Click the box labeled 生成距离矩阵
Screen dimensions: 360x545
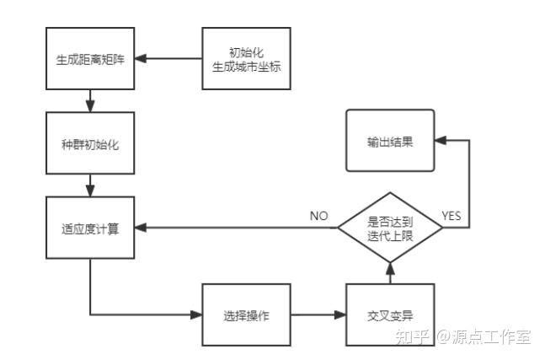90,58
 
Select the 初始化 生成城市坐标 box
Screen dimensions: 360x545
246,58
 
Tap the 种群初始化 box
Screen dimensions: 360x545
90,142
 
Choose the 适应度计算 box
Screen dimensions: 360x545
90,228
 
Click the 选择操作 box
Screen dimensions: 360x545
246,315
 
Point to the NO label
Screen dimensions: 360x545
318,216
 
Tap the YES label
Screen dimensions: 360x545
452,216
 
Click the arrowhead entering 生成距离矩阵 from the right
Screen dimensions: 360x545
141,58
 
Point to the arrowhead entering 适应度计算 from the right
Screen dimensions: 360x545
141,228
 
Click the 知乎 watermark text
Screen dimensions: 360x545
413,336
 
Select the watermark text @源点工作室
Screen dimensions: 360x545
483,336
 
